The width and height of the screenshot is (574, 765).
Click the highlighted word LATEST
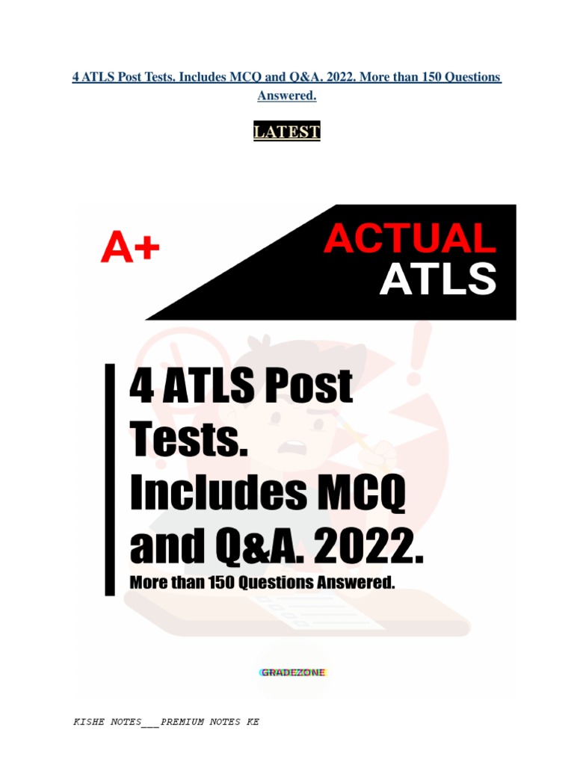click(287, 132)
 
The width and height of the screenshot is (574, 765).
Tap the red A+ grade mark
click(130, 247)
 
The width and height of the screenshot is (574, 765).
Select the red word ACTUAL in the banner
click(410, 239)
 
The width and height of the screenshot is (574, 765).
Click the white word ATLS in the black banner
click(437, 279)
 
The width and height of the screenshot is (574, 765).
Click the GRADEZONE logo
click(292, 672)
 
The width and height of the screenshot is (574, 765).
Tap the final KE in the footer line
click(253, 722)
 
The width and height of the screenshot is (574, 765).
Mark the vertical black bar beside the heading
click(111, 479)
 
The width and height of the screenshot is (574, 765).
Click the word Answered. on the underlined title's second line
click(287, 96)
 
